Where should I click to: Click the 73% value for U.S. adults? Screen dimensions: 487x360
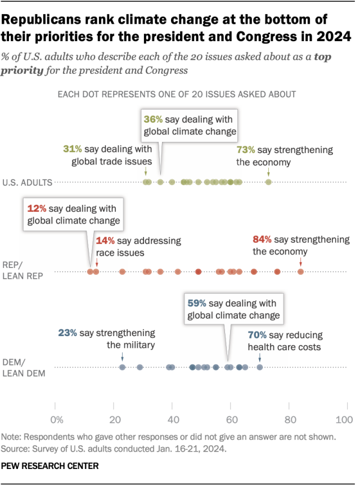245,150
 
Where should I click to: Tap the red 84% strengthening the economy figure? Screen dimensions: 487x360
262,239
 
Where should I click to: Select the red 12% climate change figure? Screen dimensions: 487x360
35,208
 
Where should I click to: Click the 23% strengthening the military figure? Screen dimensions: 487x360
67,333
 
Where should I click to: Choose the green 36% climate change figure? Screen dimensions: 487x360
154,119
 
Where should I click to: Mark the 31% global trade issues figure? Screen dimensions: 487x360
72,149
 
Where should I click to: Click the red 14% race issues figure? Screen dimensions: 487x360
105,241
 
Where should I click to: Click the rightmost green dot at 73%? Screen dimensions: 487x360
268,182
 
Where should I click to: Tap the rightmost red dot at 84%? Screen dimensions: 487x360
300,272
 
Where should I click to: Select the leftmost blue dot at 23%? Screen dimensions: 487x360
122,367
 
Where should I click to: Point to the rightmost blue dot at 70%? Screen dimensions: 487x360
259,367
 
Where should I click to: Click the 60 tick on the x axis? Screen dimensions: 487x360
230,419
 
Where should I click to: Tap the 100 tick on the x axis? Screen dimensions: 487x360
344,419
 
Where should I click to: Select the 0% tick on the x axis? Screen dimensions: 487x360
56,419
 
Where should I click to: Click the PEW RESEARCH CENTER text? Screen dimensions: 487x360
51,466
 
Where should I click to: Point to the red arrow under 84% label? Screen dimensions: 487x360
300,262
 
